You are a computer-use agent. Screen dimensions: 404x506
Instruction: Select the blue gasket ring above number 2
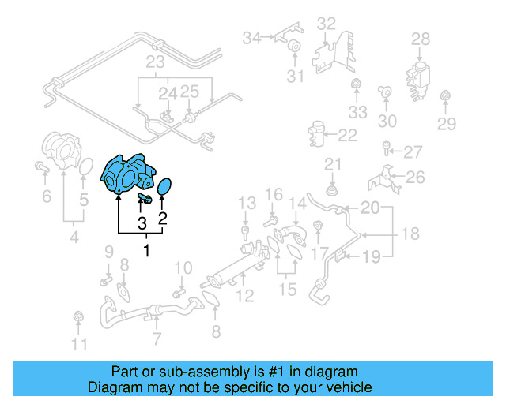(x=164, y=189)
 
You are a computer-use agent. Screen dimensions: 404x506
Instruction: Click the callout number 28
(x=421, y=38)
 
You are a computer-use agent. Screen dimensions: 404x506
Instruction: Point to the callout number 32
(x=327, y=24)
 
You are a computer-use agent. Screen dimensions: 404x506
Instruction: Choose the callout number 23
(x=154, y=62)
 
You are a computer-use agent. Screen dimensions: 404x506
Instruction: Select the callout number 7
(x=157, y=340)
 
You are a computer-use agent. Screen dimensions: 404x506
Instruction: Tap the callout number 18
(x=410, y=234)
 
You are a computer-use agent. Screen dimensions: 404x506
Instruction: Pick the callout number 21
(x=332, y=164)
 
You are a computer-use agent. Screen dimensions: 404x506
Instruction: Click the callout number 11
(x=78, y=344)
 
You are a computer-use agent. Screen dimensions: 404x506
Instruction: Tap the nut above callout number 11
(x=78, y=318)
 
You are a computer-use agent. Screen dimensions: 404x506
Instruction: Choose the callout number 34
(x=251, y=37)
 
